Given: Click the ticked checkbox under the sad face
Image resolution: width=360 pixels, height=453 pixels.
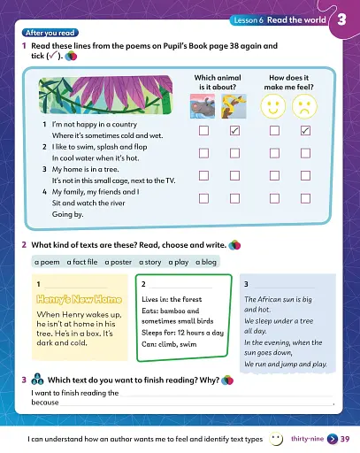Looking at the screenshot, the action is [x=305, y=131].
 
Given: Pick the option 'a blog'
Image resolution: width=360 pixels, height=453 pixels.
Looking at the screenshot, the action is [x=205, y=263].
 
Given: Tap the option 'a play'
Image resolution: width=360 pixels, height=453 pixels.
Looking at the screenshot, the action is [x=180, y=263].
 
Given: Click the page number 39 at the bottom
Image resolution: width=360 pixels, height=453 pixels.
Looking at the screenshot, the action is [x=345, y=439].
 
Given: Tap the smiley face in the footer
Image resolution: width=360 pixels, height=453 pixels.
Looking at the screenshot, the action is [x=276, y=438].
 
